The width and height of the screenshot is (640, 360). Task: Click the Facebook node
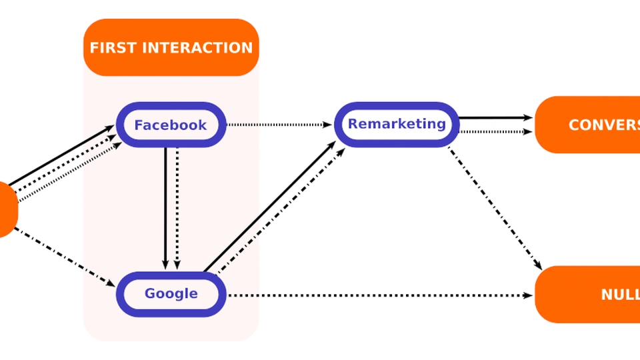coord(171,125)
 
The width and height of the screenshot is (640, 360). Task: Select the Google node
coord(171,293)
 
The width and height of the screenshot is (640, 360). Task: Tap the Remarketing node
coord(397,123)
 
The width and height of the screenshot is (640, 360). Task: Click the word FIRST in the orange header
coord(113,48)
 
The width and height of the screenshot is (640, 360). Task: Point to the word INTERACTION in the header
coord(198,48)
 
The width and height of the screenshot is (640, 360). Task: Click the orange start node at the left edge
coord(7,209)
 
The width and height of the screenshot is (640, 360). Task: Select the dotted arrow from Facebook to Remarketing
coord(280,125)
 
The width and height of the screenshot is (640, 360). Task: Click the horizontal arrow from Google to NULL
coord(380,295)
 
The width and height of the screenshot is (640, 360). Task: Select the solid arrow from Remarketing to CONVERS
coord(493,118)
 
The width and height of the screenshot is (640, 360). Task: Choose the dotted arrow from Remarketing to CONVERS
coord(493,131)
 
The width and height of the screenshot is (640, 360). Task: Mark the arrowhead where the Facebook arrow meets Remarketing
coord(328,125)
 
